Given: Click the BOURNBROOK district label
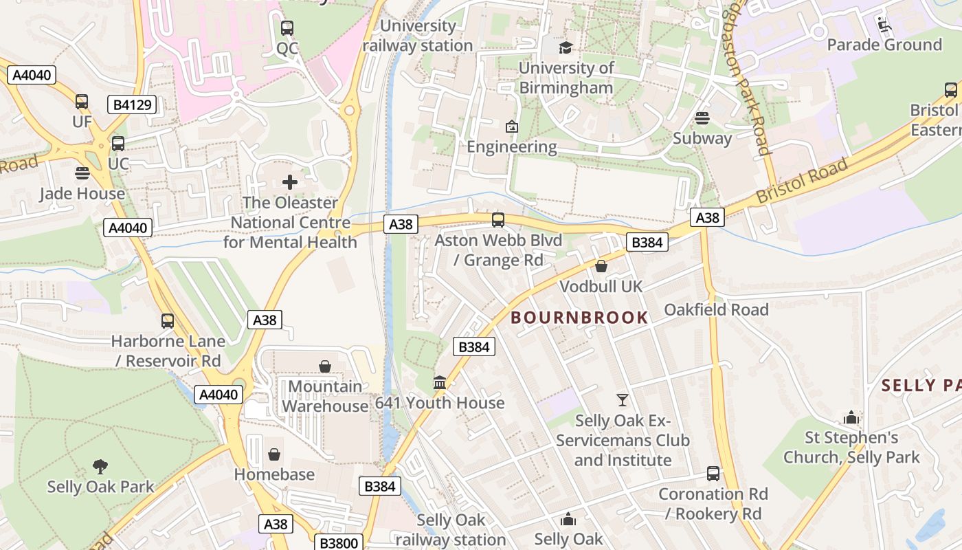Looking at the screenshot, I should (579, 318).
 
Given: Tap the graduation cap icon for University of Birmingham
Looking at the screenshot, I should (566, 47).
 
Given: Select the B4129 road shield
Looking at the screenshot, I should (132, 104).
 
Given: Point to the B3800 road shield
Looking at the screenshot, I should (338, 543).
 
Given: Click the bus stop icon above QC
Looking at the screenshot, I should (287, 28).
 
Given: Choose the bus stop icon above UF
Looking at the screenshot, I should (82, 102).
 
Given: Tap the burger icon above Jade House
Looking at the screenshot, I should (82, 173).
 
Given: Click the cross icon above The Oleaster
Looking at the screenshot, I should (290, 182).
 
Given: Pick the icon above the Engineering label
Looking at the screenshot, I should (511, 126).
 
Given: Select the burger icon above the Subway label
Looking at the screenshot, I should (702, 118).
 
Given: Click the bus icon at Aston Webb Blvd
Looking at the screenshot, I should (498, 220).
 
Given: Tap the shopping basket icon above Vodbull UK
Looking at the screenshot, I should (601, 266).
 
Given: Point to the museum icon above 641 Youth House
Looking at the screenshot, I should (440, 382).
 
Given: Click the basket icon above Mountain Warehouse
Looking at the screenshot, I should (325, 366).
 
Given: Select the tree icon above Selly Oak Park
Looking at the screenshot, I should (100, 467).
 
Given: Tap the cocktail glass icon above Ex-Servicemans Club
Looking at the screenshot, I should (623, 399).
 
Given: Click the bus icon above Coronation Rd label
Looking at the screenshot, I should (713, 474).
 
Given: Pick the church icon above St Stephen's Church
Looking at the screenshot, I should (851, 417).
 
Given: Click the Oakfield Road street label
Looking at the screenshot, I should (716, 309).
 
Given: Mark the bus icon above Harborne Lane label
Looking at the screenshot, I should (168, 321).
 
